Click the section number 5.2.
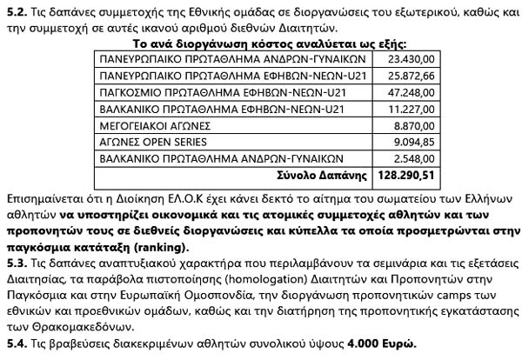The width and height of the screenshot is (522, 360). click(x=17, y=10)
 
